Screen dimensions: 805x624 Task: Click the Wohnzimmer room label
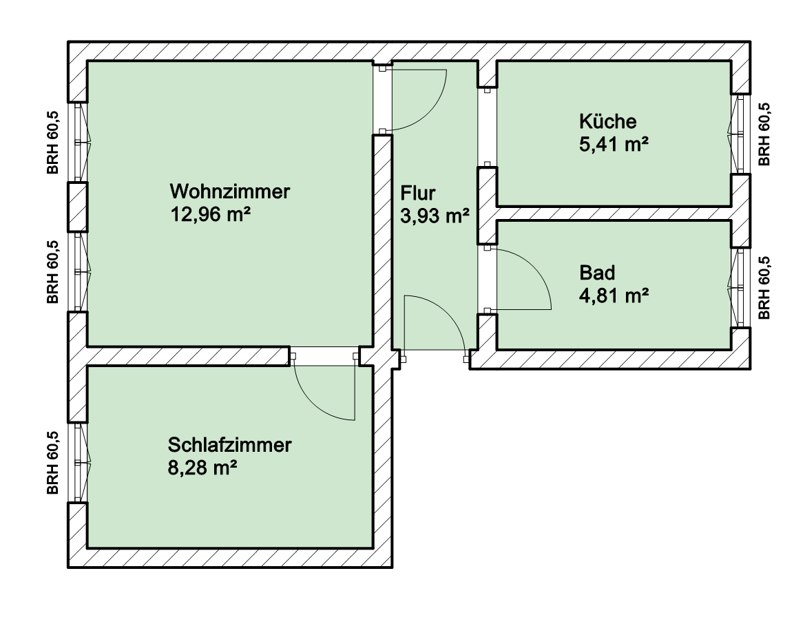(x=229, y=191)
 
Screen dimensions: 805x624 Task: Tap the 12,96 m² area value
(x=211, y=214)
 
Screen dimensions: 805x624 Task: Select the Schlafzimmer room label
(x=229, y=445)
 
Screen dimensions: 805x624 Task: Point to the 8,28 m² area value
(x=202, y=468)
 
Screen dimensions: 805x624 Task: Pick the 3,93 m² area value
(x=435, y=216)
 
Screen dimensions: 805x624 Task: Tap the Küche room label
(x=608, y=122)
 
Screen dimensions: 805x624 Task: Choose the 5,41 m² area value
(x=614, y=145)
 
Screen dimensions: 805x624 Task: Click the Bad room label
(x=597, y=273)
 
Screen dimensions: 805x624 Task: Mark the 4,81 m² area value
(x=614, y=295)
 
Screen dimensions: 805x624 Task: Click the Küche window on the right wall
(x=740, y=134)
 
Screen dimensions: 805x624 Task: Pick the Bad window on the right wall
(x=740, y=288)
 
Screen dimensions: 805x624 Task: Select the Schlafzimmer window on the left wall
(x=78, y=462)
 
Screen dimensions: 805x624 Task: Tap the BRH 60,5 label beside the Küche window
(x=764, y=134)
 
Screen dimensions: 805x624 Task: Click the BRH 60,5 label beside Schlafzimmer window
(x=53, y=462)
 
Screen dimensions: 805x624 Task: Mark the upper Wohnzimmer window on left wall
(x=78, y=142)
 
